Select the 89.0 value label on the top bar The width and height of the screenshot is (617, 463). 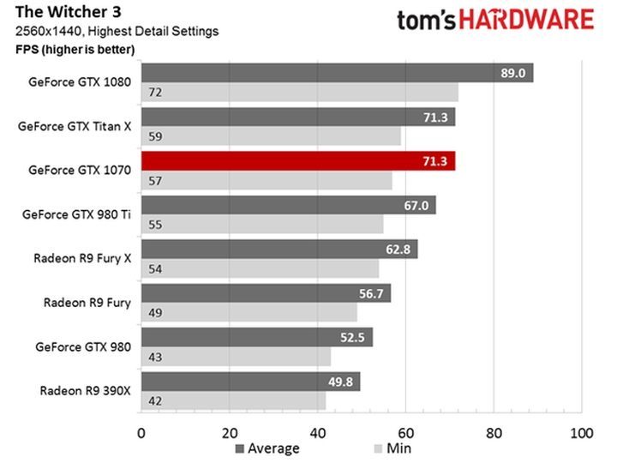(514, 73)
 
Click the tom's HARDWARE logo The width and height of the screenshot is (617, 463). (494, 20)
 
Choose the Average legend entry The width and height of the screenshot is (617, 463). (267, 448)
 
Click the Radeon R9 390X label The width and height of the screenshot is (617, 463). (85, 390)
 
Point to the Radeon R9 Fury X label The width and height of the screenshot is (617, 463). (82, 257)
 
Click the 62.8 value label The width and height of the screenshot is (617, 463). (399, 250)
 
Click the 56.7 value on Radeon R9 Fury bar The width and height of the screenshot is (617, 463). (374, 293)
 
